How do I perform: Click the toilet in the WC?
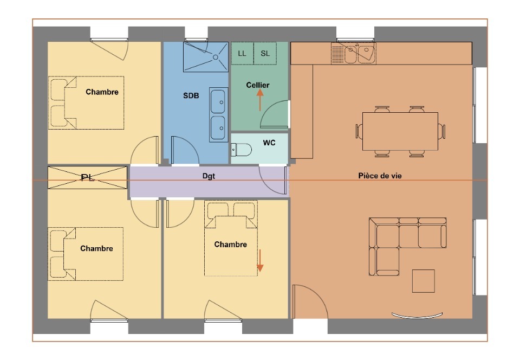(x=241, y=150)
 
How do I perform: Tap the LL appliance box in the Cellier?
(x=243, y=53)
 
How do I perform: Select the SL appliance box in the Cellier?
(x=265, y=53)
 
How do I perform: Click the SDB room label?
(x=191, y=95)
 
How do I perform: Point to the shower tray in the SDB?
(x=206, y=57)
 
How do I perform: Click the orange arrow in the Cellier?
(x=260, y=100)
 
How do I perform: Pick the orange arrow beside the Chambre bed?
(x=260, y=260)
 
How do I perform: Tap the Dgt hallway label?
(x=209, y=176)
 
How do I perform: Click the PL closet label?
(x=88, y=177)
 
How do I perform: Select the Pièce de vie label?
(x=380, y=176)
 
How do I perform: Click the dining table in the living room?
(x=400, y=131)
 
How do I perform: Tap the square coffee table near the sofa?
(x=424, y=281)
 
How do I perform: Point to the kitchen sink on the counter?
(x=360, y=54)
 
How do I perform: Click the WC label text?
(x=269, y=143)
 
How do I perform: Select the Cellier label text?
(x=258, y=85)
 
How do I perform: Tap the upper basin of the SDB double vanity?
(x=218, y=101)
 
